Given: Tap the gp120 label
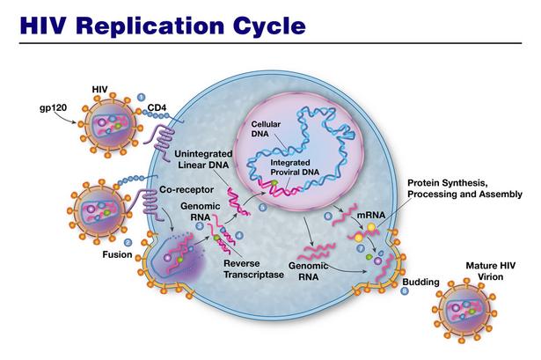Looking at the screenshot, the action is point(53,108).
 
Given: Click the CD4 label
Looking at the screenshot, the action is point(157,107).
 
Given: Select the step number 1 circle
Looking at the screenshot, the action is point(141,97).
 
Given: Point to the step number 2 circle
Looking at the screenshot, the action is point(128,243).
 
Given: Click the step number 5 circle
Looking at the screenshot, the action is point(262,208).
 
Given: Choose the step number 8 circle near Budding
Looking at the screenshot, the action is point(405,291).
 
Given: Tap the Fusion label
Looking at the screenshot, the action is point(117,254).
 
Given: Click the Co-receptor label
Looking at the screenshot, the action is point(186,190).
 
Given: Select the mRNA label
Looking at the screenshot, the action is point(371,215).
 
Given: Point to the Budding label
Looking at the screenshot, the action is point(421,282).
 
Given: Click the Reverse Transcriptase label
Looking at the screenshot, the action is point(254,268).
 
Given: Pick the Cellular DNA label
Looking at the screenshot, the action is point(266,129).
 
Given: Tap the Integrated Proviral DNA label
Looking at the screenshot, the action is point(295,167).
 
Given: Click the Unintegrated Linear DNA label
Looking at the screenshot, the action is point(203,159).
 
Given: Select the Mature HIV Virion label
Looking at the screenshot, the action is point(490,271).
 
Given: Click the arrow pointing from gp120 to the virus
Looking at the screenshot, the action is point(65,118).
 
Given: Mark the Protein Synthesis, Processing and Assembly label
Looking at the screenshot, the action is point(464,188).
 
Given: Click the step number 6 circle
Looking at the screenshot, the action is point(328,217).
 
